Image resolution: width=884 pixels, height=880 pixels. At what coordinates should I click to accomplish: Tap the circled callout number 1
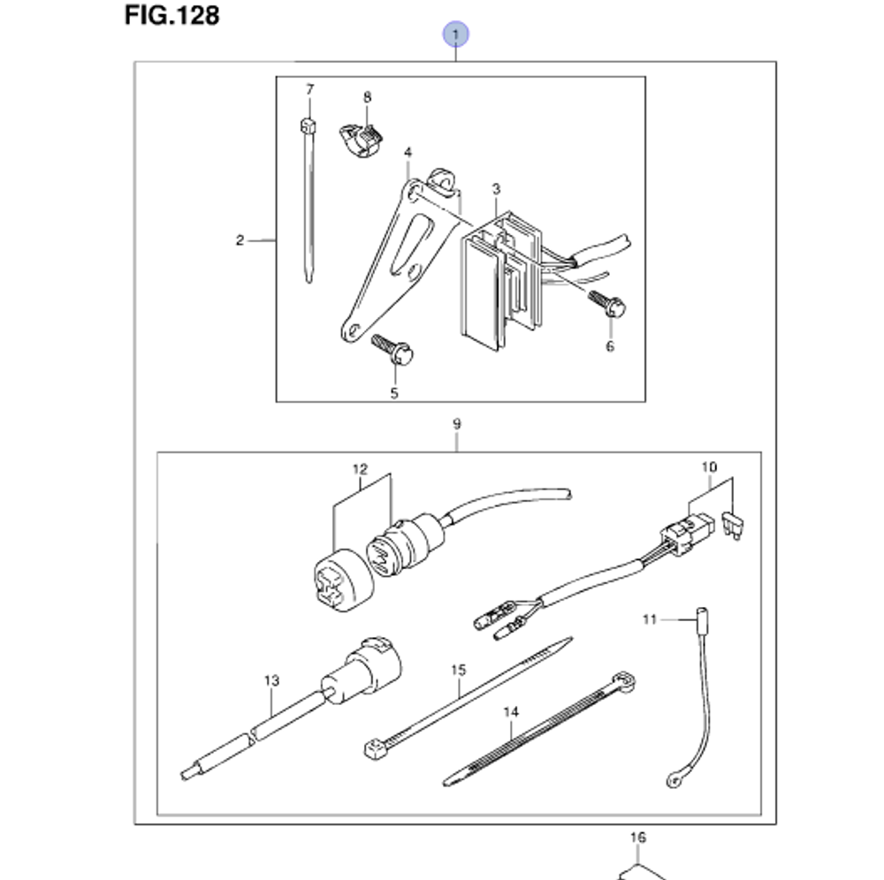(456, 35)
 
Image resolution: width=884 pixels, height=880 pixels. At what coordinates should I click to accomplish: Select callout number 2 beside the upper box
(239, 240)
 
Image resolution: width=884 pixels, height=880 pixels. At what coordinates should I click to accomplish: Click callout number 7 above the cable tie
(309, 89)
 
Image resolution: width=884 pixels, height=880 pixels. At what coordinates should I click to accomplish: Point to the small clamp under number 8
(359, 137)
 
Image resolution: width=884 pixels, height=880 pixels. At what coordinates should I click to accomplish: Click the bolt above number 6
(607, 305)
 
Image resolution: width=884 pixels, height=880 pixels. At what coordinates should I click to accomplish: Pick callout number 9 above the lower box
(456, 425)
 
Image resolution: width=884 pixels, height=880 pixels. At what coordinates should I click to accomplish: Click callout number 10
(711, 466)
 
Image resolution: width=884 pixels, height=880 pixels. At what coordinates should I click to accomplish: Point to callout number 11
(651, 621)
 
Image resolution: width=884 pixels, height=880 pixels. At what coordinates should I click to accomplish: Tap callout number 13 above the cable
(271, 680)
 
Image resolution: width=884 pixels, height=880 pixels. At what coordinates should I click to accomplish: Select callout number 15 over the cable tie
(457, 671)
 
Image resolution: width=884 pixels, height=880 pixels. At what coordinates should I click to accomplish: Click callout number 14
(510, 711)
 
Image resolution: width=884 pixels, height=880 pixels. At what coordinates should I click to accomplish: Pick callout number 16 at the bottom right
(638, 837)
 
